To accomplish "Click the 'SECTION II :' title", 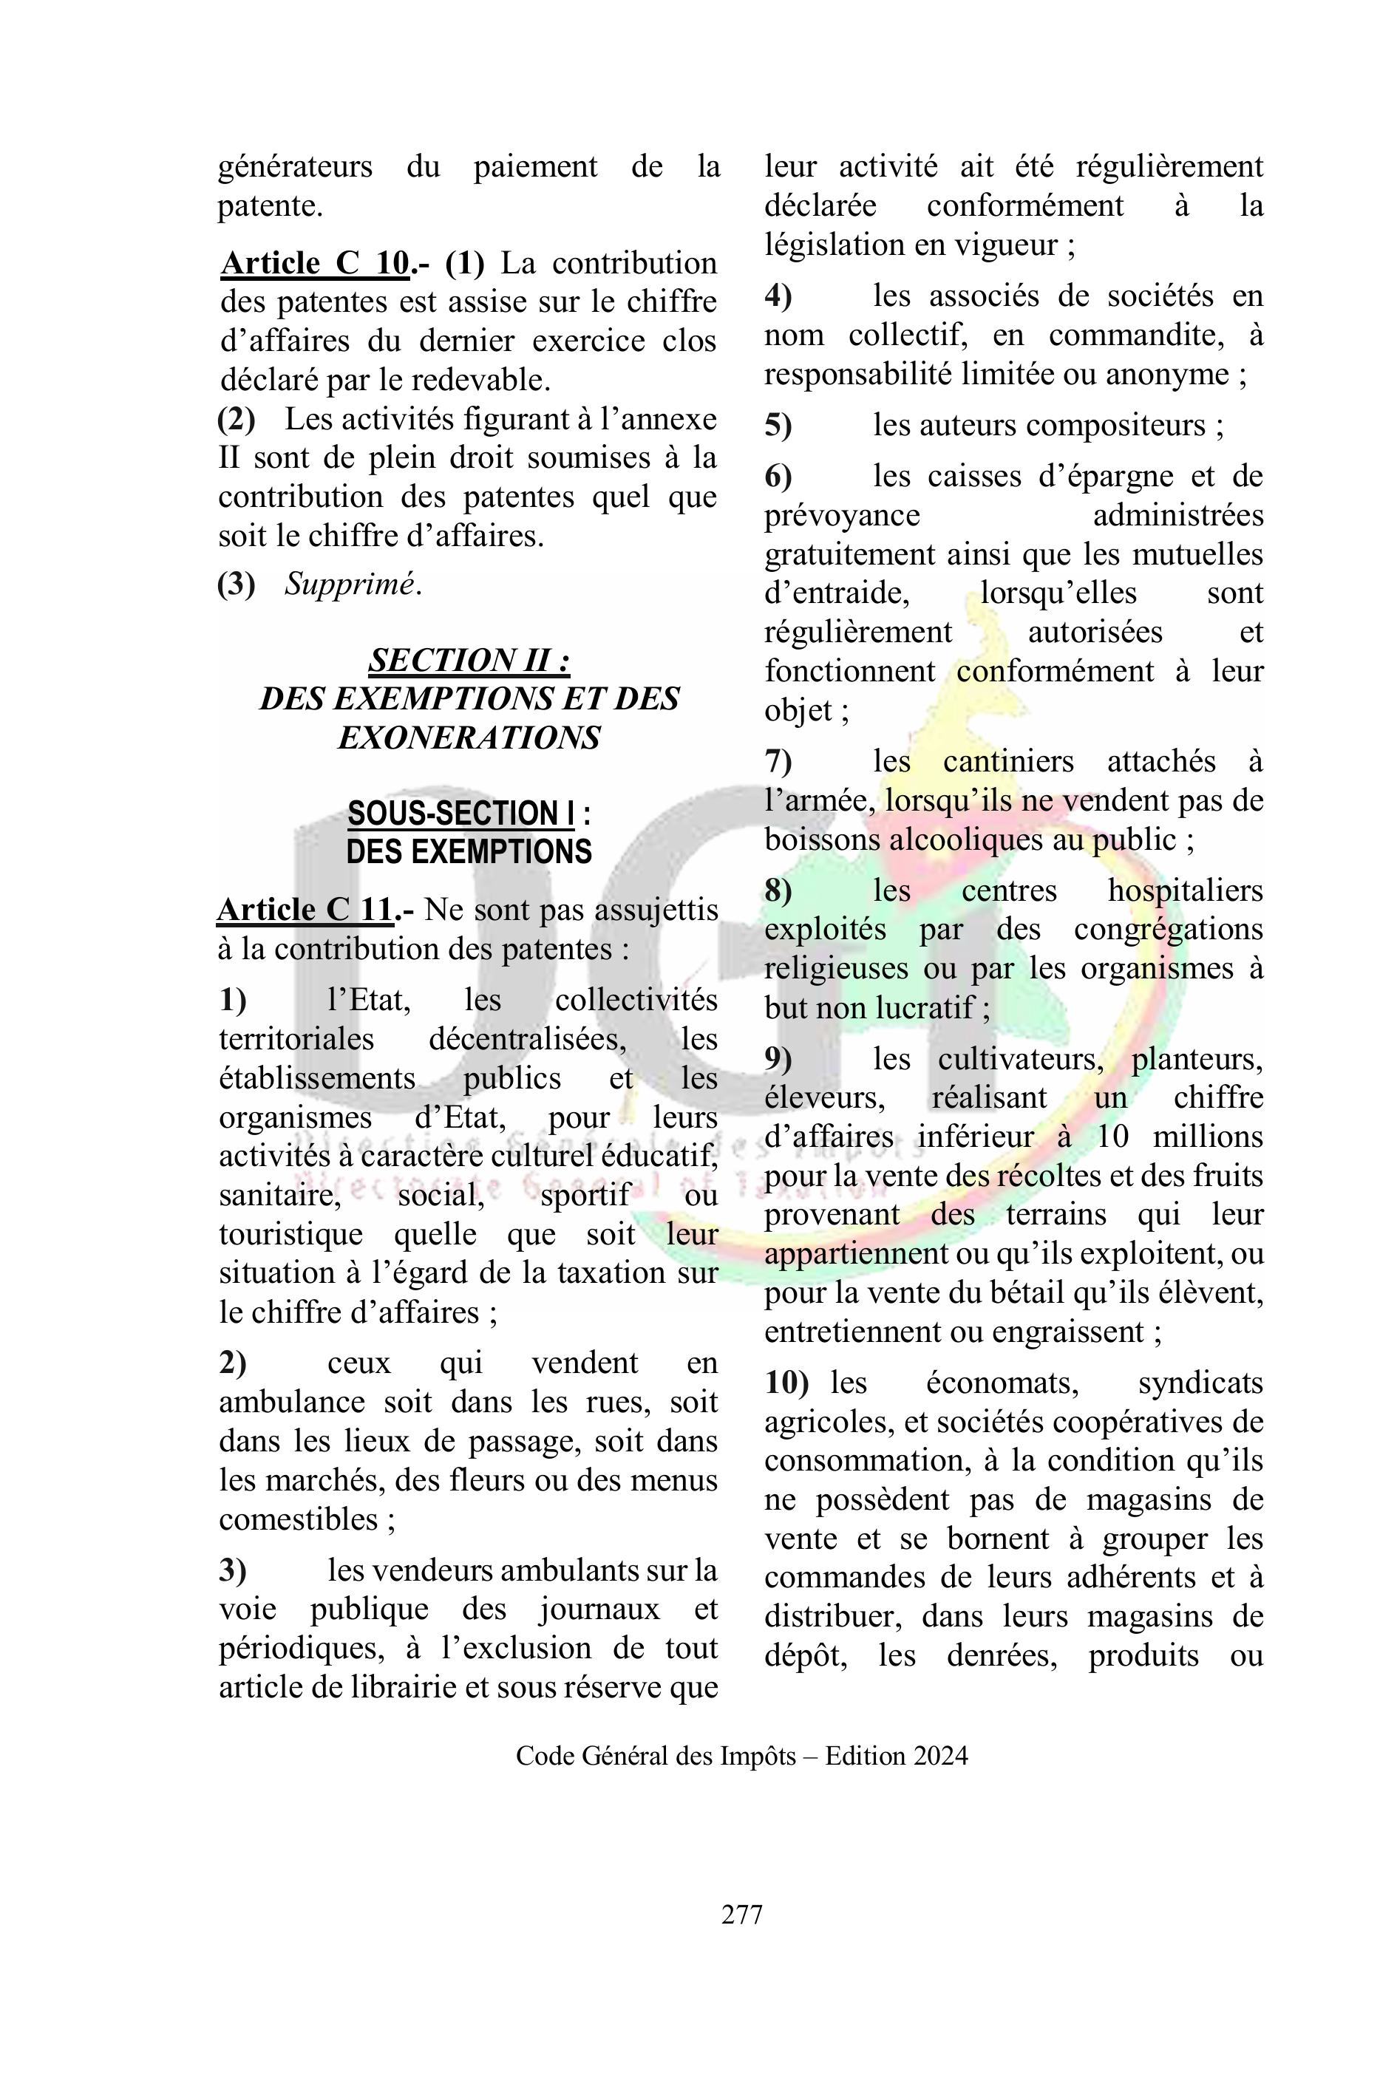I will tap(469, 660).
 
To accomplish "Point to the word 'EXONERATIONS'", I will tap(469, 737).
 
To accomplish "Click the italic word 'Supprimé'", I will tap(350, 585).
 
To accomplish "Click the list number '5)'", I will tap(778, 425).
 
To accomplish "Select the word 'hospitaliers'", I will tap(1185, 890).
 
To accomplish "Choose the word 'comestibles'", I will tap(299, 1519).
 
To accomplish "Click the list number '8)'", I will tap(778, 890).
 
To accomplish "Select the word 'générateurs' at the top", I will tap(295, 166).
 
